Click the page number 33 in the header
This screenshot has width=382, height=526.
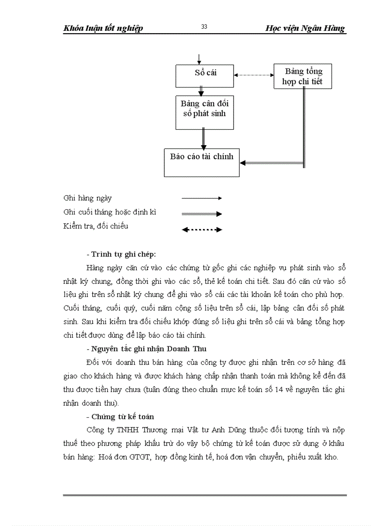204,27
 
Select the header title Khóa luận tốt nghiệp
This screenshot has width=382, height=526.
103,29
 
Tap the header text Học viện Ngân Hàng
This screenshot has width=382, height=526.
305,29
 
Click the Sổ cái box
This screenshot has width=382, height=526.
205,76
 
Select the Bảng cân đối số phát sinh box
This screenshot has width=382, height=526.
205,112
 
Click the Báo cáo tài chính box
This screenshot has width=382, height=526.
201,162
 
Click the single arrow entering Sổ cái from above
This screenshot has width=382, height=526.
199,59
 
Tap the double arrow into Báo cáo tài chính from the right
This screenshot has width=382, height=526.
272,163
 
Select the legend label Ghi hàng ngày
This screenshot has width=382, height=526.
88,198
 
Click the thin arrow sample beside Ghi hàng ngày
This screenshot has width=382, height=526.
201,198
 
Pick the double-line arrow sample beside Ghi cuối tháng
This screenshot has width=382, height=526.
201,214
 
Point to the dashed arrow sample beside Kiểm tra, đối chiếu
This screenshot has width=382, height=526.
201,230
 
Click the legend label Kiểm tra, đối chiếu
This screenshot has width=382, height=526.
95,226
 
